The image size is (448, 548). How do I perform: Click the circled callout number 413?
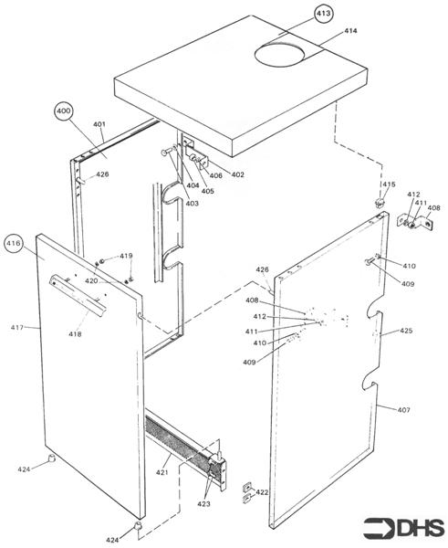pos(324,14)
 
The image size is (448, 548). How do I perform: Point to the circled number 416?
pos(14,244)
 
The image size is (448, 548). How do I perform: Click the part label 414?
pos(350,32)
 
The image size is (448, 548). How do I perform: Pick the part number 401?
pos(99,124)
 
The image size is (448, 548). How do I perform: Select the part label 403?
pos(192,203)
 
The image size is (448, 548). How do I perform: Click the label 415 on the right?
pos(390,184)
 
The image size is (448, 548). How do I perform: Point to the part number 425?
pos(406,331)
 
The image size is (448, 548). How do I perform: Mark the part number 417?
pos(17,326)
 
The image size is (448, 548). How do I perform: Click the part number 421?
pos(161,472)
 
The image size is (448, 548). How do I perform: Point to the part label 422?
pos(262,492)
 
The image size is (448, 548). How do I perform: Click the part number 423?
pos(203,503)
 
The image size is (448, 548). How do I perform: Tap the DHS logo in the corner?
pos(402,527)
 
